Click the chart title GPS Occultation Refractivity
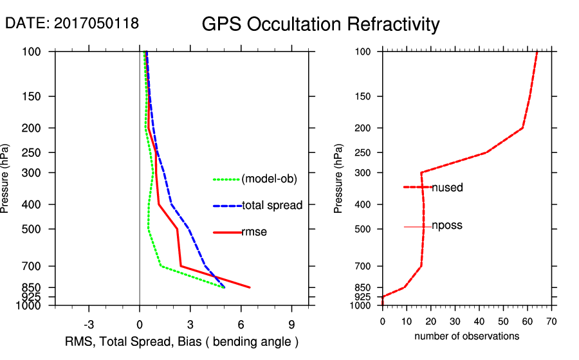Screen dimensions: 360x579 pyautogui.click(x=320, y=24)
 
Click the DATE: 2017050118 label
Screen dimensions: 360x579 pyautogui.click(x=72, y=24)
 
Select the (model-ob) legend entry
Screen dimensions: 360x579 pyautogui.click(x=269, y=179)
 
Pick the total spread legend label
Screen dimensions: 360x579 pyautogui.click(x=272, y=206)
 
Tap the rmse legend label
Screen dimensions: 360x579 pyautogui.click(x=253, y=232)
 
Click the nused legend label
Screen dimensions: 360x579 pyautogui.click(x=447, y=188)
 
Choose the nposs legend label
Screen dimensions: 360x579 pyautogui.click(x=447, y=226)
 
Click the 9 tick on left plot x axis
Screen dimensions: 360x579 pyautogui.click(x=291, y=323)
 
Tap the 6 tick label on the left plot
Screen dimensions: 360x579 pyautogui.click(x=241, y=323)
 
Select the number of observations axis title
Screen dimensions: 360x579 pyautogui.click(x=466, y=336)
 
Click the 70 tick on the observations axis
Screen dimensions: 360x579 pyautogui.click(x=551, y=321)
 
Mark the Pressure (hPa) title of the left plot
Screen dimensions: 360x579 pyautogui.click(x=6, y=179)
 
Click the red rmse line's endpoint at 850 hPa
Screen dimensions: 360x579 pyautogui.click(x=250, y=287)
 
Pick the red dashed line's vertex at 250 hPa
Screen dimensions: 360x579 pyautogui.click(x=487, y=152)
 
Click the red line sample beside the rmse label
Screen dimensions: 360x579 pyautogui.click(x=227, y=232)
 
